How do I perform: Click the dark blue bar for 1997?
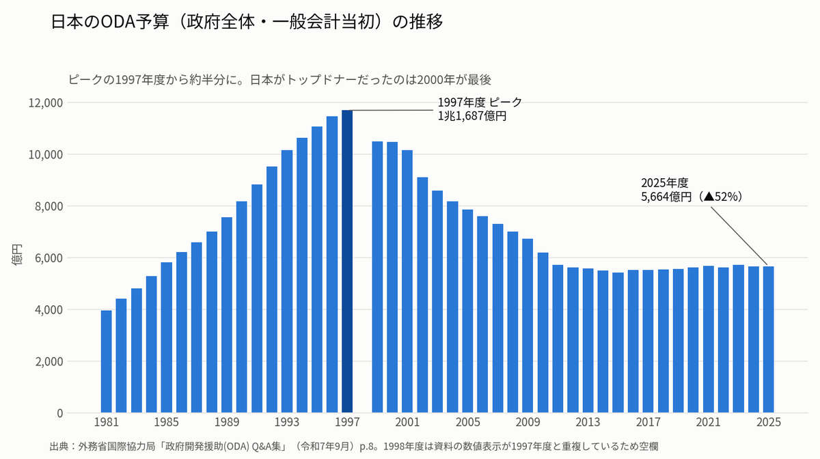[347, 262]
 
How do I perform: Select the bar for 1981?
[106, 361]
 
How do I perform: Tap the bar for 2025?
[768, 339]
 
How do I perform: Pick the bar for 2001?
[407, 281]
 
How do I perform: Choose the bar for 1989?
[227, 315]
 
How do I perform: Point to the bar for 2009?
[528, 326]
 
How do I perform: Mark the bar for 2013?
[588, 341]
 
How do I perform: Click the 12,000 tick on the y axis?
[46, 103]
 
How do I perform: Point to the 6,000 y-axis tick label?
[49, 258]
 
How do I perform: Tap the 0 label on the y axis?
[60, 413]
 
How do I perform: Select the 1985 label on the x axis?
[167, 422]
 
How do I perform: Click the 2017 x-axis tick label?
[648, 422]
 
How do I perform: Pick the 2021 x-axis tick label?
[709, 422]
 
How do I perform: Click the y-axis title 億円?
[17, 254]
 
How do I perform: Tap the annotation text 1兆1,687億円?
[472, 116]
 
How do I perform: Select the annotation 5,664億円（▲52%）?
[692, 197]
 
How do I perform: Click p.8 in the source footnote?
[366, 447]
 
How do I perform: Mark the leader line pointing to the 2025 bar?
[739, 236]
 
